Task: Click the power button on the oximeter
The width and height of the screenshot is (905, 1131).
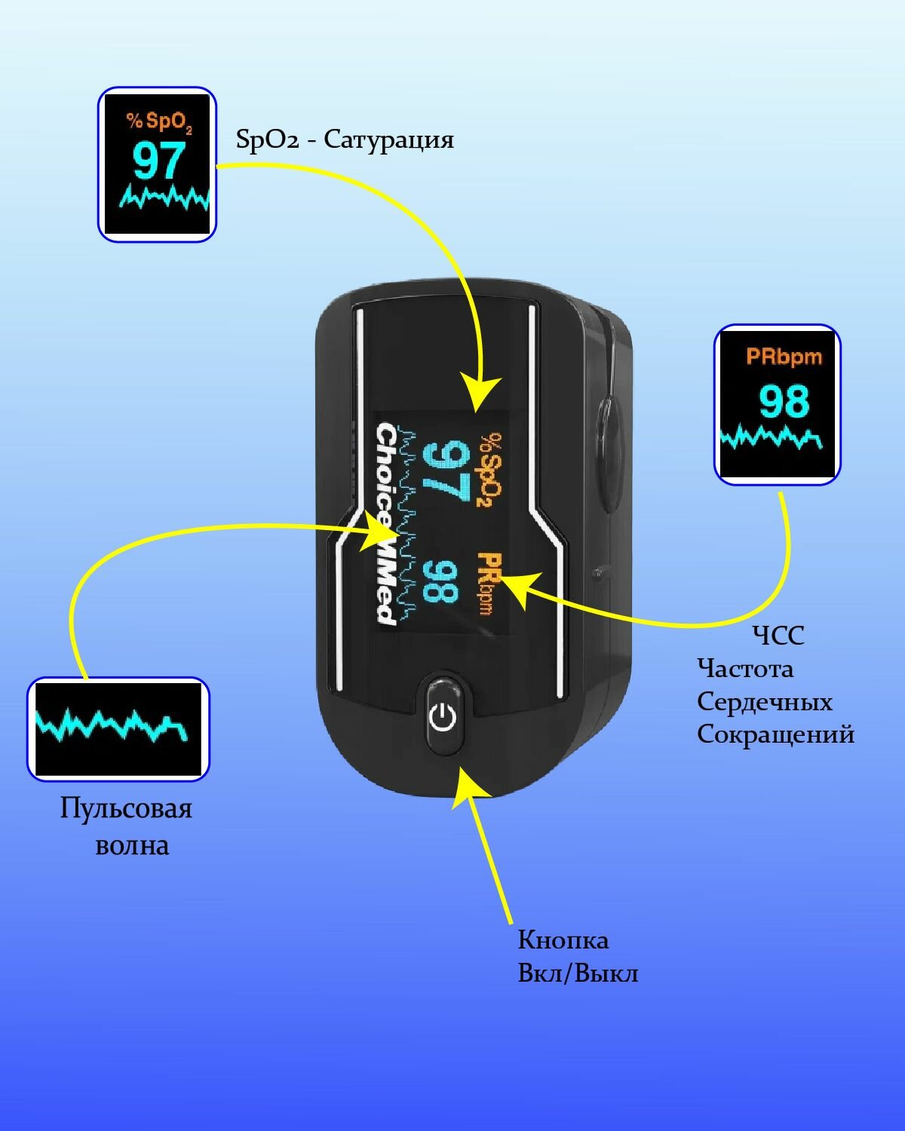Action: coord(443,716)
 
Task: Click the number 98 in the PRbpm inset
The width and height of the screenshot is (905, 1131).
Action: coord(784,401)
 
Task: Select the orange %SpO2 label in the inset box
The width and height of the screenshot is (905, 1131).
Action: coord(158,122)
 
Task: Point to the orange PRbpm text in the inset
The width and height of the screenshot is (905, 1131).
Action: coord(784,357)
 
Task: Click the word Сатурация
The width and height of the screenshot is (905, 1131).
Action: coord(389,140)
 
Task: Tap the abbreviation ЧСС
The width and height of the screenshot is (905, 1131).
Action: coord(778,636)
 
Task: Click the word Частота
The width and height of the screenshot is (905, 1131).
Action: coord(744,669)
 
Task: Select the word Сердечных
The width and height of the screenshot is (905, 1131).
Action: coord(764,702)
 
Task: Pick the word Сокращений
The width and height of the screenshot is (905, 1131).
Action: coord(775,734)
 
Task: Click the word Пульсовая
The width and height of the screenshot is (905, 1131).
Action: coord(126,809)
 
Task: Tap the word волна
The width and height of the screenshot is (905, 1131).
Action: coord(132,845)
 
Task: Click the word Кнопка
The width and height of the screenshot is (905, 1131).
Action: coord(563,940)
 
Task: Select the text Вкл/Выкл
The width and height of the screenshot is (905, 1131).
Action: coord(578,973)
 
